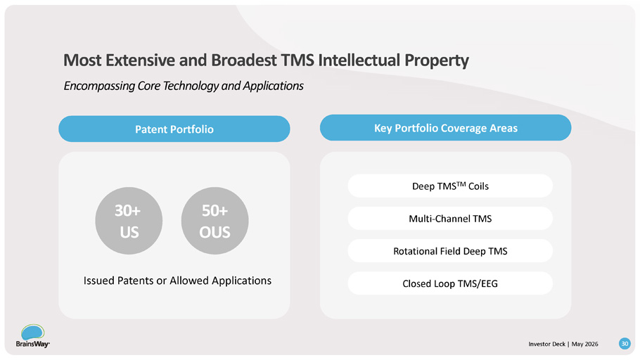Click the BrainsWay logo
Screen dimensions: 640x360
click(x=32, y=336)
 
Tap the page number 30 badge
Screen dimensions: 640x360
click(x=625, y=344)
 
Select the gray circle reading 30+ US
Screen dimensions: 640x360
click(x=129, y=221)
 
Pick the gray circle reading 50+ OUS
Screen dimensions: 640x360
click(x=215, y=221)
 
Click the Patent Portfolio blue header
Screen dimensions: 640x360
click(x=174, y=129)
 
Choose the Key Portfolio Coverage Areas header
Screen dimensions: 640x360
click(x=446, y=128)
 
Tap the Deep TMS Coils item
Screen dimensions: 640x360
click(x=450, y=186)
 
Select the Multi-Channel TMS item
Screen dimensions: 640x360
click(x=450, y=219)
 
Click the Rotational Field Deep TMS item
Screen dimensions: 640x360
click(x=450, y=251)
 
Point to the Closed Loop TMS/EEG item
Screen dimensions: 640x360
click(x=450, y=283)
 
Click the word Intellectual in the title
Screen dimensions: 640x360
click(x=359, y=60)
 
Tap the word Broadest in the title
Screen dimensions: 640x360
click(x=244, y=60)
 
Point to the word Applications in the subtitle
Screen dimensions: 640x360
click(x=273, y=86)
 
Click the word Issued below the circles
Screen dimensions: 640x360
click(x=98, y=281)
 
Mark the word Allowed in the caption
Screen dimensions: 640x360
click(x=189, y=281)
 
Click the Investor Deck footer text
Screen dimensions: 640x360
click(x=547, y=344)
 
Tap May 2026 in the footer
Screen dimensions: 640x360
click(x=585, y=344)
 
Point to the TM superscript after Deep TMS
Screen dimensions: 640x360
click(x=461, y=184)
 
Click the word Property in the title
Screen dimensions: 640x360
click(x=437, y=60)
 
